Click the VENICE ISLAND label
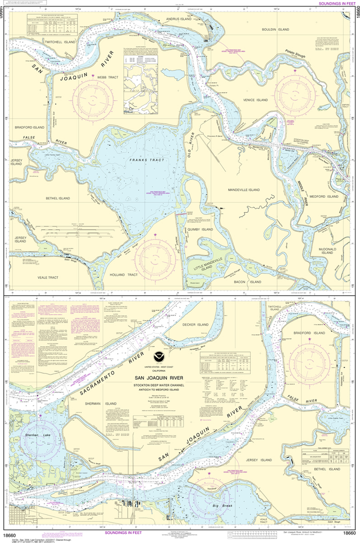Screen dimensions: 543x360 point(255,100)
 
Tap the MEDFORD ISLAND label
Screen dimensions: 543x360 point(323,196)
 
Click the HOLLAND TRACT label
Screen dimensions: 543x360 point(125,275)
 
